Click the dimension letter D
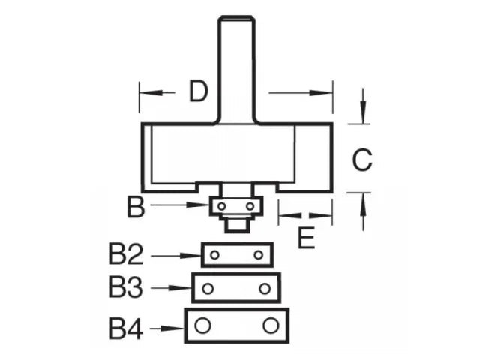(x=198, y=92)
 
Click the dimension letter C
(x=363, y=160)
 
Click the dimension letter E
(x=305, y=238)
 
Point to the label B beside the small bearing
(x=136, y=206)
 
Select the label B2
(x=125, y=256)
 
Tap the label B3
(x=125, y=287)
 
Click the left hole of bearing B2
(x=215, y=255)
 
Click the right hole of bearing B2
(x=259, y=255)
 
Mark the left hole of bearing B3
(x=208, y=288)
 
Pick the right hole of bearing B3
(x=265, y=288)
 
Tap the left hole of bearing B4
(x=202, y=325)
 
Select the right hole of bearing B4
(x=271, y=325)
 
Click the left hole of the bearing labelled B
(x=223, y=204)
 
